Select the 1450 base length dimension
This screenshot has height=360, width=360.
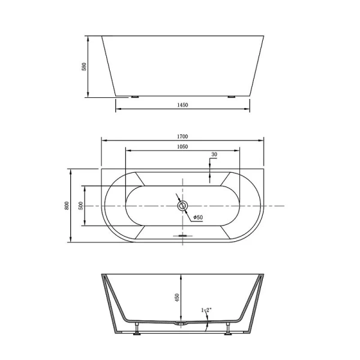click(183, 104)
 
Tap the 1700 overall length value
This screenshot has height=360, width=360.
click(182, 136)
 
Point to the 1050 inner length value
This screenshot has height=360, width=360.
click(183, 146)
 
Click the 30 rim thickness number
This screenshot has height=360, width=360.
click(214, 155)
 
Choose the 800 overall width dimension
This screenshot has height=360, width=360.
click(67, 205)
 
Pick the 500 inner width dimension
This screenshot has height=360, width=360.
click(80, 205)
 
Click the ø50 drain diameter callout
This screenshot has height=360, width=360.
click(197, 217)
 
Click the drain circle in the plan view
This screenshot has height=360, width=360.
click(183, 206)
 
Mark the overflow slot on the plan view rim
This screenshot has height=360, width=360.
click(183, 236)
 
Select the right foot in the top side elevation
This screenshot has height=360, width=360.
click(231, 96)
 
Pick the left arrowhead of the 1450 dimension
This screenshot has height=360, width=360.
click(118, 109)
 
